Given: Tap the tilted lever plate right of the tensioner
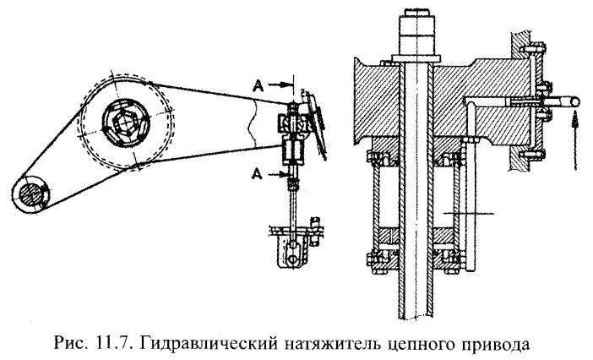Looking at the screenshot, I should (x=317, y=123).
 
